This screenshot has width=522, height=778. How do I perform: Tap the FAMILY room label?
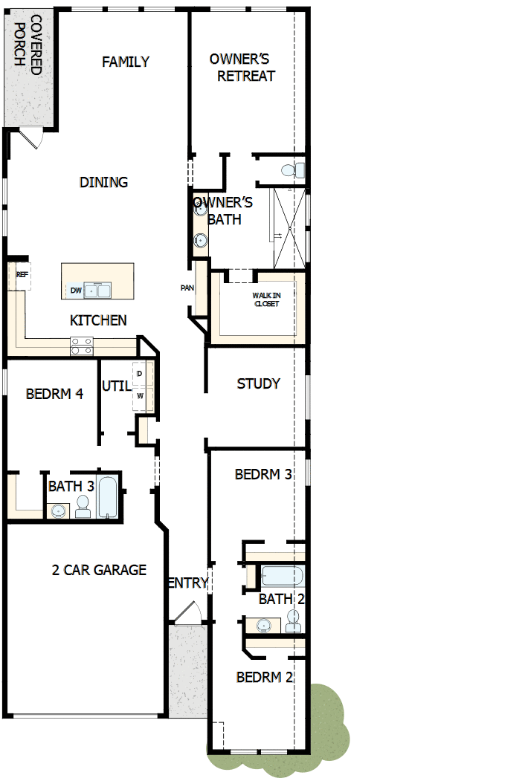click(126, 62)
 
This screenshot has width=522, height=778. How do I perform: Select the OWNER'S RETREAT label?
click(241, 67)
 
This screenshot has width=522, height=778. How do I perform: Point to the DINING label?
click(103, 182)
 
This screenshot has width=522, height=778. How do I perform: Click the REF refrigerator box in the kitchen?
click(22, 274)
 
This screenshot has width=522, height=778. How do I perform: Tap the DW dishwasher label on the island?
click(76, 291)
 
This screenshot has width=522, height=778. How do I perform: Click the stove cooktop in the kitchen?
click(81, 346)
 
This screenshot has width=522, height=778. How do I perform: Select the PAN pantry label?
click(187, 288)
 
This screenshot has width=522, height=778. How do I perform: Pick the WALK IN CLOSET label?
click(265, 299)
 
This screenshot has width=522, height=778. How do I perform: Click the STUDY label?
click(258, 383)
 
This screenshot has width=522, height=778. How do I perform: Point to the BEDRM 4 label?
click(54, 394)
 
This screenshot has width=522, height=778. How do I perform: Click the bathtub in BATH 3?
click(107, 497)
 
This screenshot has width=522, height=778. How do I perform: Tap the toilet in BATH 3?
click(83, 507)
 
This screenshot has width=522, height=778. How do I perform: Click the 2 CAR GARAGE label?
click(99, 570)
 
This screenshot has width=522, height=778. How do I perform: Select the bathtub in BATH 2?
click(281, 577)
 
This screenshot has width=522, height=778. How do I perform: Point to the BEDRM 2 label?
click(264, 677)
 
